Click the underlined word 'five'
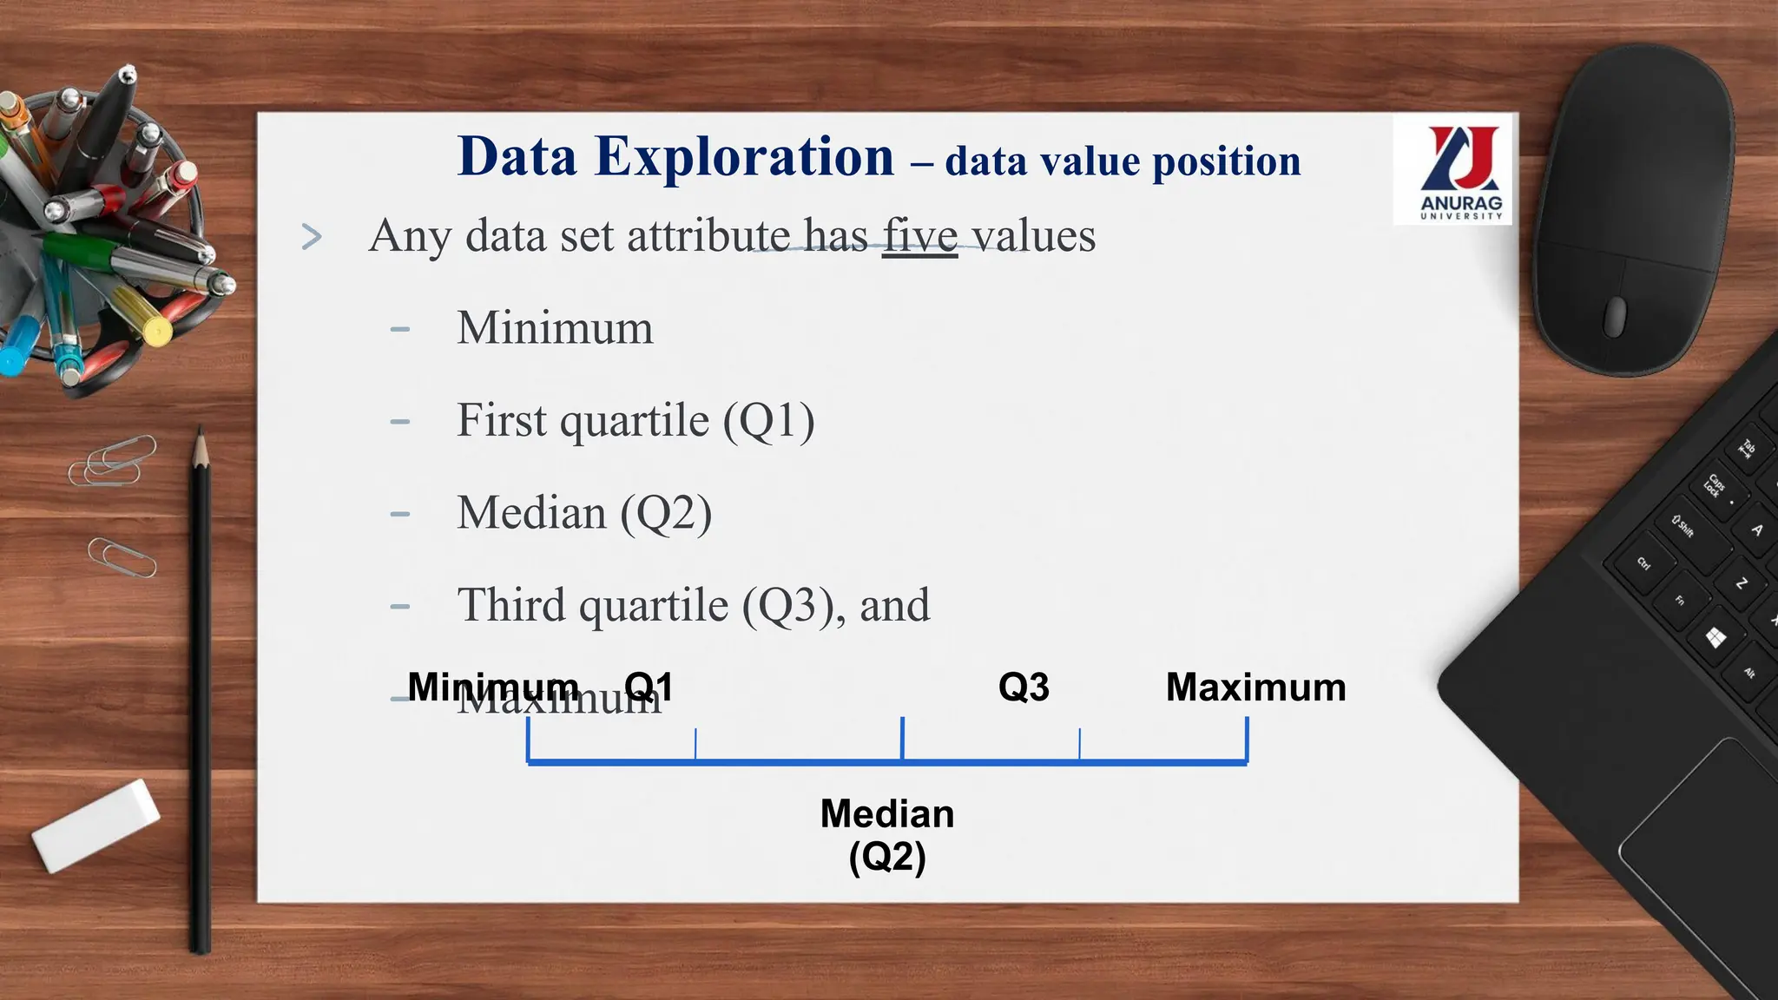[x=919, y=236]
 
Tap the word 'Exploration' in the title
[x=744, y=157]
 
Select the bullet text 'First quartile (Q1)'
[x=635, y=421]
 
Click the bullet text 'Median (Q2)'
[x=584, y=513]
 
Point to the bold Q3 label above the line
[x=1024, y=687]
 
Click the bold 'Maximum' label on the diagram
[x=1255, y=687]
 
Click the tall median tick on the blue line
[x=903, y=739]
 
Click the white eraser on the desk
[x=96, y=825]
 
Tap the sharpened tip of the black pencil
[x=200, y=438]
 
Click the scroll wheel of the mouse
[x=1614, y=316]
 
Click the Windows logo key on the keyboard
[x=1715, y=639]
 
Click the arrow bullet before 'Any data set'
[x=312, y=237]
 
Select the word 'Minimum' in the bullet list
[x=555, y=328]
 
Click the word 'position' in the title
[x=1226, y=162]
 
